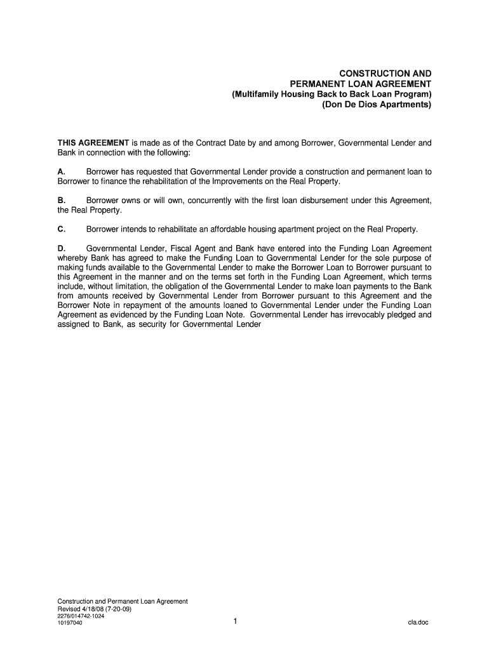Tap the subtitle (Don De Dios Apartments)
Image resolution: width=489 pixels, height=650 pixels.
point(377,105)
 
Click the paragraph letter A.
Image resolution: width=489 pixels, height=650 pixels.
point(61,172)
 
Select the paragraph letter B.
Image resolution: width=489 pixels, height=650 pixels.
point(61,201)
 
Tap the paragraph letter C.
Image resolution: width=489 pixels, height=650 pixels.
point(61,229)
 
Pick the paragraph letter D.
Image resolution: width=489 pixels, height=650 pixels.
point(61,248)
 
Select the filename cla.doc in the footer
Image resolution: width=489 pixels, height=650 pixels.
point(418,623)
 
